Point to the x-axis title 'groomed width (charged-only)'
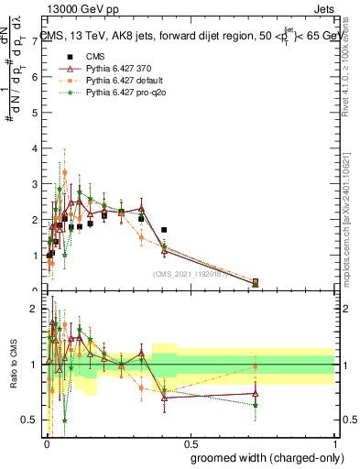(x=261, y=456)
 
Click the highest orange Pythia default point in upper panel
(x=64, y=172)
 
